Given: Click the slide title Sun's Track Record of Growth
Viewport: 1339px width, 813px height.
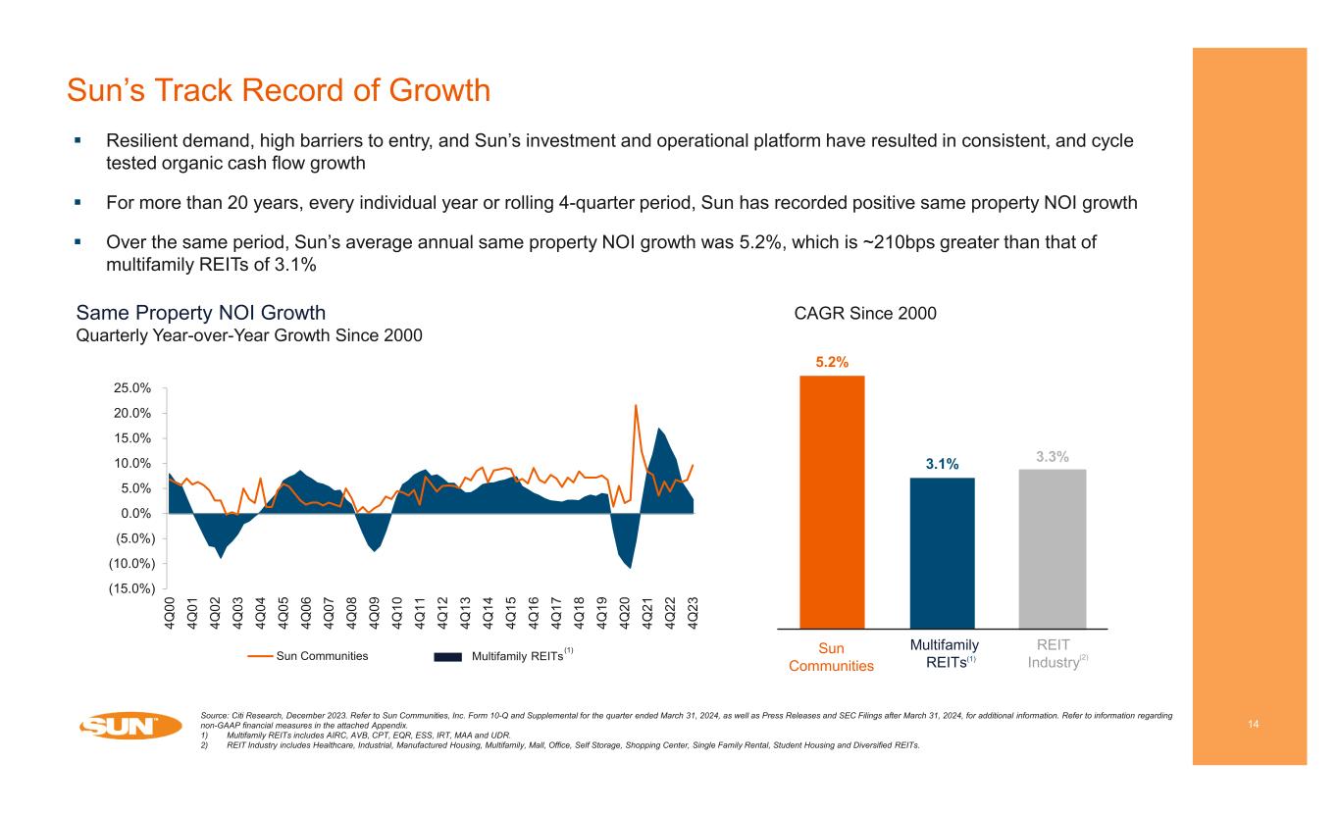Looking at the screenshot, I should pos(278,91).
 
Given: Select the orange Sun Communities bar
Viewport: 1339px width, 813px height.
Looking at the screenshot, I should pos(832,500).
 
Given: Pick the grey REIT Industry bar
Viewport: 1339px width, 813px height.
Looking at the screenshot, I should pos(1052,548).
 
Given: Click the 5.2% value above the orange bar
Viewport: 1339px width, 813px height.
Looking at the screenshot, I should pos(832,362).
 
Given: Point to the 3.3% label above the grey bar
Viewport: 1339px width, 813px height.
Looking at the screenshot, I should pos(1052,456).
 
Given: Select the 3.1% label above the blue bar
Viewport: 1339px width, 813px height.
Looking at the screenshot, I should pos(942,464).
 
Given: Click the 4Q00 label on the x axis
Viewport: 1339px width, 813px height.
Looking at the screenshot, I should pos(171,612).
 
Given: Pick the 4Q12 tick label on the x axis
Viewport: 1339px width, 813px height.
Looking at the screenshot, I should pos(443,612).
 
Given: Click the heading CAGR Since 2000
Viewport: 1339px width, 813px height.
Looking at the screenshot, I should pos(864,313).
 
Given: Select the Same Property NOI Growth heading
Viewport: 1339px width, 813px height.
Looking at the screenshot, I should pos(201,313).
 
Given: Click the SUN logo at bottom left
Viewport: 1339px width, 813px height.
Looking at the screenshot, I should pos(130,727).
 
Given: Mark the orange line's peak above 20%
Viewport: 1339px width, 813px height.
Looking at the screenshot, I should pos(636,405).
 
